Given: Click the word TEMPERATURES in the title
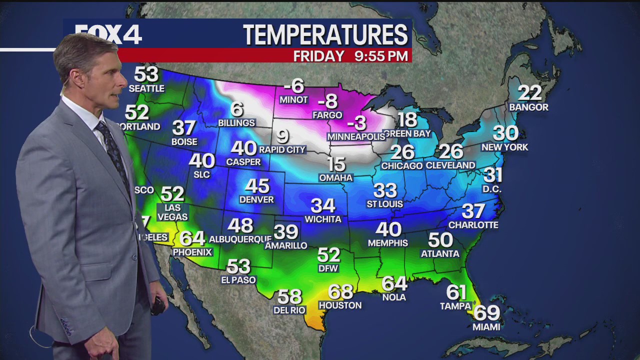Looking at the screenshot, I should [x=325, y=35].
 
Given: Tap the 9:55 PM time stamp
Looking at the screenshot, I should [x=381, y=56].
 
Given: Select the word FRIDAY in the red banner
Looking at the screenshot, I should [x=319, y=56].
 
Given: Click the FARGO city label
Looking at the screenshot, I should [x=327, y=115].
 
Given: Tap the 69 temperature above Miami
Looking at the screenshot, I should [x=486, y=313].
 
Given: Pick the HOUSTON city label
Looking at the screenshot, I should [x=340, y=305].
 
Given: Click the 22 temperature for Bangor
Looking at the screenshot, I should [x=529, y=93].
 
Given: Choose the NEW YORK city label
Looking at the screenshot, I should [x=504, y=147].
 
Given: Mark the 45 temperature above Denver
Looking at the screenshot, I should [x=257, y=186].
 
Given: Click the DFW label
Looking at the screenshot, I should [x=328, y=268].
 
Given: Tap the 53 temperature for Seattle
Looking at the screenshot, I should [x=146, y=74].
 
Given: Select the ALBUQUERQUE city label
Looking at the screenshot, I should [x=240, y=239].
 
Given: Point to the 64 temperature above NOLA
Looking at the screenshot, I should [x=394, y=283].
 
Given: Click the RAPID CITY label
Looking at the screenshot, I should [x=282, y=149].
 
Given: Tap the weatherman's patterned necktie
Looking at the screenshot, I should [x=114, y=150].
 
